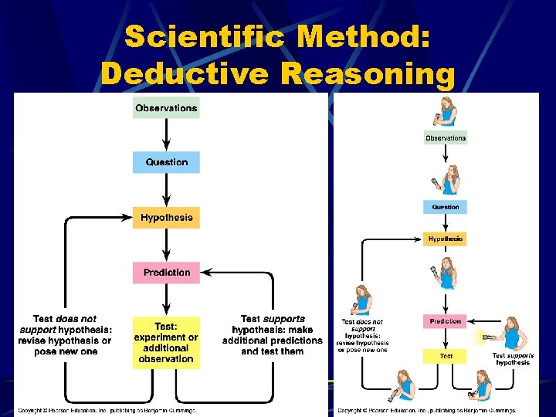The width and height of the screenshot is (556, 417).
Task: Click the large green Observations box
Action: coord(166,108)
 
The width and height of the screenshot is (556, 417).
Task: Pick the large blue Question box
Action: coord(166,162)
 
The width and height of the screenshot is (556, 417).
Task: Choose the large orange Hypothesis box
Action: coord(166,218)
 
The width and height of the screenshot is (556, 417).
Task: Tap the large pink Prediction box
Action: coord(166,272)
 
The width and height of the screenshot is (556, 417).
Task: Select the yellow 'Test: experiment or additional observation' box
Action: coord(166,342)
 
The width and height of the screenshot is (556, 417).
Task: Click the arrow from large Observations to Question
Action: coord(166,134)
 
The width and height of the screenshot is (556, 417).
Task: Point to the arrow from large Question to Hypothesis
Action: coord(166,190)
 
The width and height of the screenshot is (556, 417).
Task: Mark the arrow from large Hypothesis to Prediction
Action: coord(166,245)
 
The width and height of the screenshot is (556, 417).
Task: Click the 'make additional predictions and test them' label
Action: coord(272,335)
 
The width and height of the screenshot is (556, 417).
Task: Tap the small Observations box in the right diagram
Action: coord(446,138)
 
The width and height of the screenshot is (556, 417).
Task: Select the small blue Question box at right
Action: coord(446,207)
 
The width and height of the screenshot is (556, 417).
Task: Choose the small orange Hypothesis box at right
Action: coord(446,239)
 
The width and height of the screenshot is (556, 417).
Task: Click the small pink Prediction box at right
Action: coord(446,321)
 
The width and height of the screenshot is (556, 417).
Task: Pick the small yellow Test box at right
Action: coord(446,356)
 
